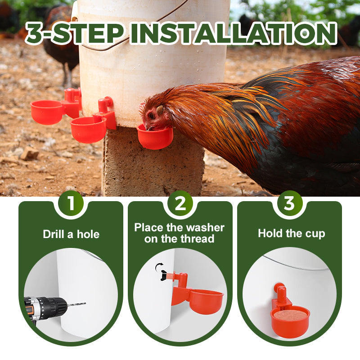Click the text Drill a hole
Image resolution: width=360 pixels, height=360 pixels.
coord(71,234)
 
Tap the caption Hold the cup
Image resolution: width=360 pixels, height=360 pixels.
coord(291,233)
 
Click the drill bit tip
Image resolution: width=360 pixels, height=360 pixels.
coord(84,303)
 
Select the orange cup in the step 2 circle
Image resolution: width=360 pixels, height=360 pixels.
coord(206,300)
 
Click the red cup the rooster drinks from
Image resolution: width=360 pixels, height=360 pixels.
coord(155,138)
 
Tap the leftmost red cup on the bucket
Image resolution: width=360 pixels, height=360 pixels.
coord(47,112)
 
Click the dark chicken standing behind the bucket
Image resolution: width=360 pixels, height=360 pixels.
coord(63,40)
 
